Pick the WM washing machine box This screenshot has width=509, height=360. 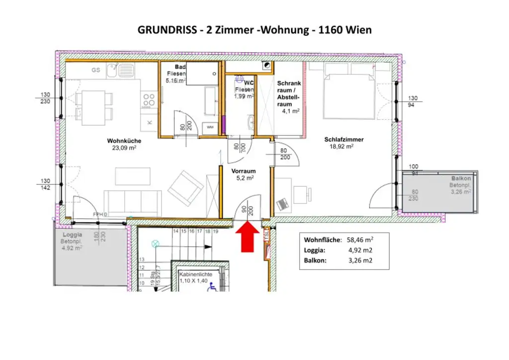coord(210,127)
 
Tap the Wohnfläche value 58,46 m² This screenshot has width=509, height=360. coord(360,240)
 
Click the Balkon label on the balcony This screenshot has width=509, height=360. coord(461,178)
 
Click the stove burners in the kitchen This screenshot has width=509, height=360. coord(148,100)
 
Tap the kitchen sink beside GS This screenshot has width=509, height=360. coord(112,74)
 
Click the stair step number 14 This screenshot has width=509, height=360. coord(175,231)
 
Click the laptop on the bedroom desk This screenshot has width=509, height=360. coord(283,203)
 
